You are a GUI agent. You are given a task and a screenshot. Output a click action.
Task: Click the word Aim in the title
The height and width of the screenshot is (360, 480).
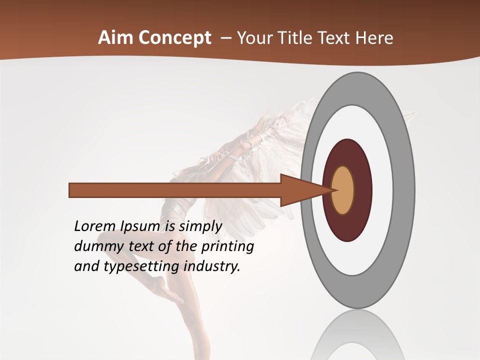coord(116,38)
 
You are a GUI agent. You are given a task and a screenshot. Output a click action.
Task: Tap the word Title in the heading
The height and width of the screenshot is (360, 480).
coord(294,38)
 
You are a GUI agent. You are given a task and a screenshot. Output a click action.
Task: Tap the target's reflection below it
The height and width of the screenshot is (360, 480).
coord(357,335)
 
